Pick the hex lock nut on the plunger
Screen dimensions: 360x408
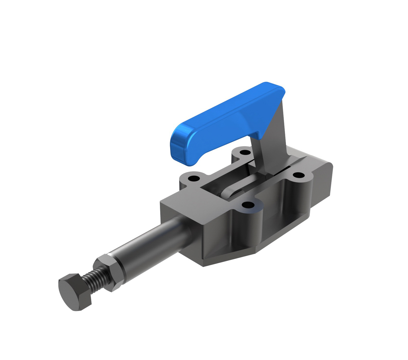point(110,271)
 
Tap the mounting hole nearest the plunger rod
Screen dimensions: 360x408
point(194,179)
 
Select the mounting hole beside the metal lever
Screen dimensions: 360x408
point(246,152)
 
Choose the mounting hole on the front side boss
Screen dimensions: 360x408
point(248,205)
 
